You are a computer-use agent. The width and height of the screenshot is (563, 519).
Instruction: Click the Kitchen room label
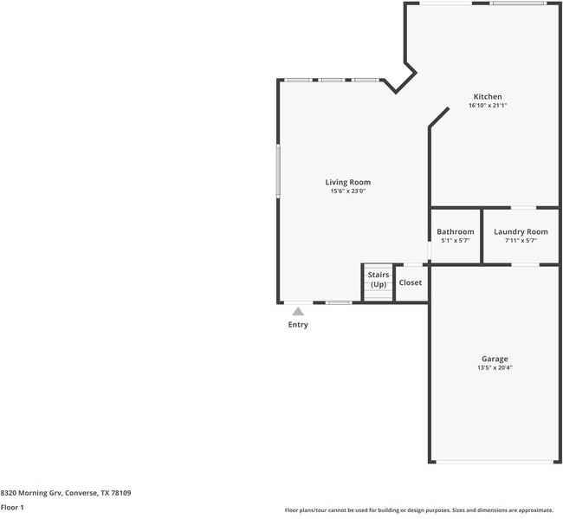point(487,96)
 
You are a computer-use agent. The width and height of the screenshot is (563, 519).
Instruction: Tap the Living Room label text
point(347,182)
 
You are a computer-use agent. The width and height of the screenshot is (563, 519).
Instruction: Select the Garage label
point(495,359)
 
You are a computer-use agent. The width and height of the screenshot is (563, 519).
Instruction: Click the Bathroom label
point(456,231)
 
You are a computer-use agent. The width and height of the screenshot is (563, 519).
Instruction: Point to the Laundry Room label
point(521,231)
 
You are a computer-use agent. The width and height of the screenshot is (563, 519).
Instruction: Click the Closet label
point(411,282)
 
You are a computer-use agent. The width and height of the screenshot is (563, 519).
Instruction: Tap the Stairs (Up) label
point(379,279)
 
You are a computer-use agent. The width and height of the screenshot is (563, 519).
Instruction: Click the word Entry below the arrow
point(298,325)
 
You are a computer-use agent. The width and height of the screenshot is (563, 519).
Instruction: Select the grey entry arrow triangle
point(298,311)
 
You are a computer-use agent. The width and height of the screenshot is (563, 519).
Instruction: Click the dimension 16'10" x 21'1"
point(487,106)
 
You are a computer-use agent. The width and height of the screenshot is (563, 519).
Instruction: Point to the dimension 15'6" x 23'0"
point(347,191)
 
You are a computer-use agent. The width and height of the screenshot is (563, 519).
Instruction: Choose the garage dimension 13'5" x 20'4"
point(495,368)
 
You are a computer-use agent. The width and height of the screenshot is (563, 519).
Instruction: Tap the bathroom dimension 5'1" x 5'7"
point(456,241)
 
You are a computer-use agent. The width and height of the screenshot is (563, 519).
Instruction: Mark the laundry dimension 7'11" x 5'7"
point(521,241)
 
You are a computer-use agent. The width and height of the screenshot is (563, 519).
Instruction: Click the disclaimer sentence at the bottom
point(418,510)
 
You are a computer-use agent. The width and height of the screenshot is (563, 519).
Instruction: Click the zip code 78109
point(120,493)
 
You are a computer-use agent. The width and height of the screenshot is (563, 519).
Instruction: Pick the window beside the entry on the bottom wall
point(339,302)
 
